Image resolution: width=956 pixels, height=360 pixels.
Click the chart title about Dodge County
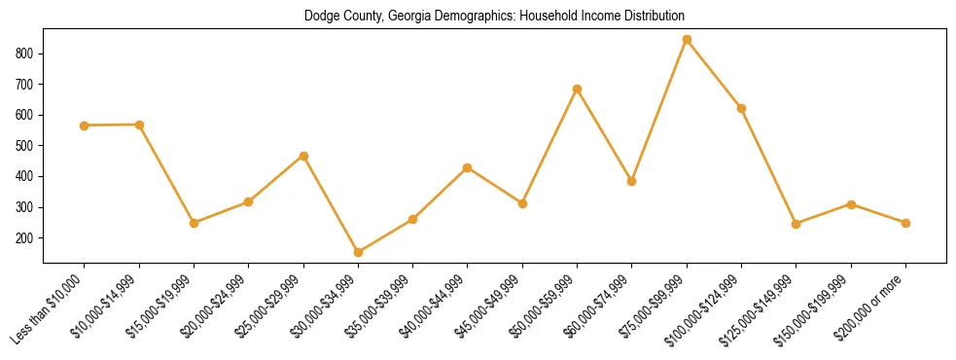494,16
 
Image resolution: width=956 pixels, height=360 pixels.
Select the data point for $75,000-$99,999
687,40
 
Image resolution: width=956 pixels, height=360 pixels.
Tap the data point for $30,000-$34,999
358,252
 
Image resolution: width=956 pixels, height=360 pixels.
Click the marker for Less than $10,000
85,126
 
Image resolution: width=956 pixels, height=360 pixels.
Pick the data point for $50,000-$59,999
577,89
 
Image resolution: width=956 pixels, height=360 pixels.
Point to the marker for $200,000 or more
905,223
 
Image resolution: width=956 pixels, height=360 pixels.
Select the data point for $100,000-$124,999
741,108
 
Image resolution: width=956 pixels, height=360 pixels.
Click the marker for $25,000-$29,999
303,156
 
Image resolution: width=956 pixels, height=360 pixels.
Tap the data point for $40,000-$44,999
468,167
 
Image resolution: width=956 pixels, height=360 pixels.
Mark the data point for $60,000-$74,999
631,181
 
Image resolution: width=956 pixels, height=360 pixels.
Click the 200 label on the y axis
29,238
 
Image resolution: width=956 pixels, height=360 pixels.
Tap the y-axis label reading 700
29,84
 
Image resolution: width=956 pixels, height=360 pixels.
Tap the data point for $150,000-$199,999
851,204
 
